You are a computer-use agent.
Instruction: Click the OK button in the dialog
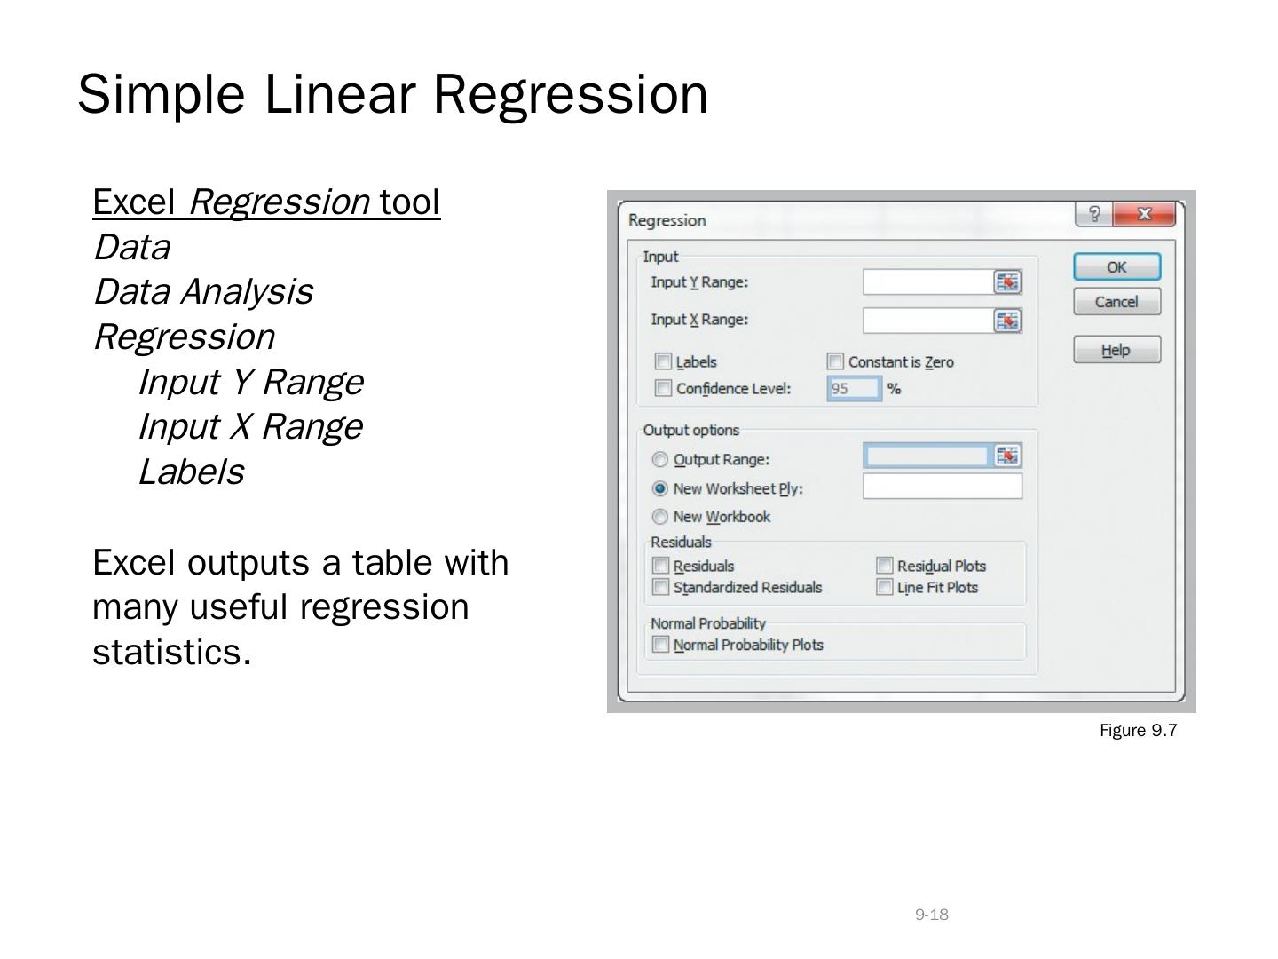(x=1116, y=266)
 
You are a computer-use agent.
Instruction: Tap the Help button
(x=1116, y=349)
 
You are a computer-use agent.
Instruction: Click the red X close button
(x=1144, y=214)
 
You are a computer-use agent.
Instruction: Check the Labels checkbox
(x=663, y=361)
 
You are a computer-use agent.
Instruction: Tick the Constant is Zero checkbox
(x=835, y=361)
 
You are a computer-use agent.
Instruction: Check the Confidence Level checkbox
(x=663, y=388)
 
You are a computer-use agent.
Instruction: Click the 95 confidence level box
(x=854, y=388)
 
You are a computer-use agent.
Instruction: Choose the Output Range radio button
(x=659, y=459)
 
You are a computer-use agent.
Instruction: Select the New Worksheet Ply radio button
(x=659, y=488)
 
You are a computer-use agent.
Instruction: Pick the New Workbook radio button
(x=659, y=517)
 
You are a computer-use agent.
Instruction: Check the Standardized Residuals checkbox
(x=660, y=587)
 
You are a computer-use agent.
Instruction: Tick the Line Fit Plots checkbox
(x=884, y=587)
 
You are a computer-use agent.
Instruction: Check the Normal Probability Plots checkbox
(x=660, y=645)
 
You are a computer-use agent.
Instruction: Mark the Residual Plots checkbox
(x=884, y=566)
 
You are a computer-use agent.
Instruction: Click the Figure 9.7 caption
(x=1139, y=730)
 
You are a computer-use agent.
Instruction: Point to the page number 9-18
(x=932, y=915)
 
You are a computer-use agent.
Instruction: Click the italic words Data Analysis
(x=204, y=292)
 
